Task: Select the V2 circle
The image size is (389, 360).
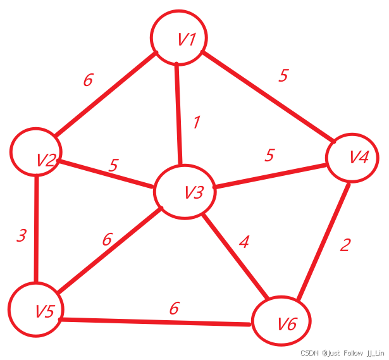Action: click(x=35, y=152)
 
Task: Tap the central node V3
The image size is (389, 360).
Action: click(x=185, y=192)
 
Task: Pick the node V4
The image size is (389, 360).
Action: click(x=352, y=158)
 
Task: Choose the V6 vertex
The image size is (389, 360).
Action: click(x=281, y=322)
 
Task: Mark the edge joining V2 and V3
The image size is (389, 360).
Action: click(x=106, y=174)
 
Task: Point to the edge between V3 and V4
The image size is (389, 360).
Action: click(x=271, y=176)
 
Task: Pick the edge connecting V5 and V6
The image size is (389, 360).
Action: click(x=155, y=322)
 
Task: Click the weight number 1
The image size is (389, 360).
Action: click(x=196, y=122)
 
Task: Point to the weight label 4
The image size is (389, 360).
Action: click(x=244, y=241)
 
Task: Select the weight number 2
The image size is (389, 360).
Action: click(x=344, y=245)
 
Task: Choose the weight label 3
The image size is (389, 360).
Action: click(x=22, y=237)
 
